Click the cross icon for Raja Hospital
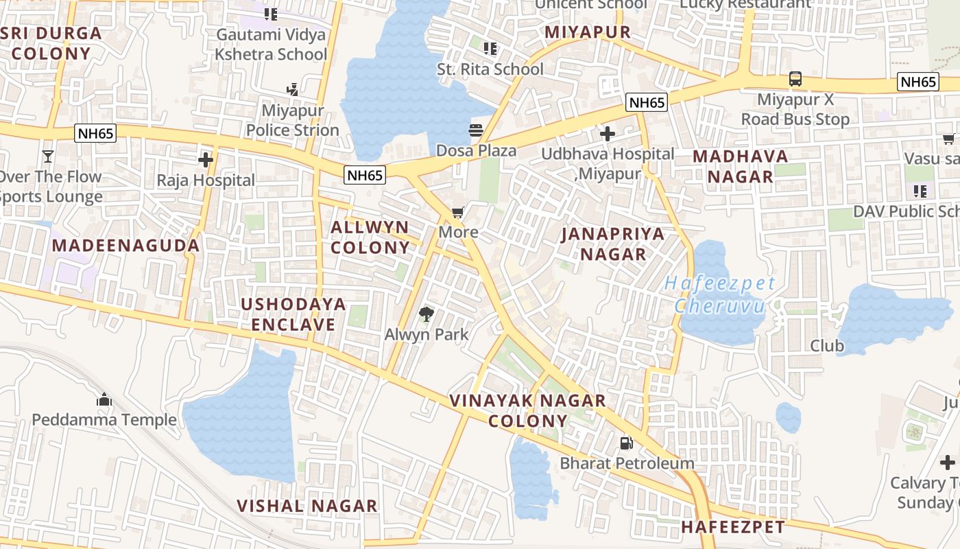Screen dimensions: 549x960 (205, 160)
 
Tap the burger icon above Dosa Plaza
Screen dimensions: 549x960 (476, 130)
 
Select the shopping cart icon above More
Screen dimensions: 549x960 (458, 213)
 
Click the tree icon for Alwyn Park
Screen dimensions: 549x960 (426, 314)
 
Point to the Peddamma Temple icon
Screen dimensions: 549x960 (104, 399)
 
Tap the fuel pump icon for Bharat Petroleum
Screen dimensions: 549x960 (626, 443)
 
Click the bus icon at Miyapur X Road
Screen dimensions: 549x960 (795, 79)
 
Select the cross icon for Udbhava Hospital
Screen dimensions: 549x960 (607, 133)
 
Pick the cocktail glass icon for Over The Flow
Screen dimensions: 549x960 (47, 156)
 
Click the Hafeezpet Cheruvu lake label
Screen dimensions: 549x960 (720, 294)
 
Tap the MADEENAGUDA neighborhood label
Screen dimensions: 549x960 (125, 245)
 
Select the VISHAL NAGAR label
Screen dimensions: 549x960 (307, 506)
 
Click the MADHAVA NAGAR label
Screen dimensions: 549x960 (741, 166)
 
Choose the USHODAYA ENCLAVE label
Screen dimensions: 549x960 (293, 314)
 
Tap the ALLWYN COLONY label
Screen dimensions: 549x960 (370, 237)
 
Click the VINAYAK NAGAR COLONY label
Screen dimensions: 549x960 (527, 410)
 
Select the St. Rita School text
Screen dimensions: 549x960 (490, 69)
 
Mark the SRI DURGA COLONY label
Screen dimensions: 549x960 (51, 43)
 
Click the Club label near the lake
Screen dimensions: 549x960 (827, 346)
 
